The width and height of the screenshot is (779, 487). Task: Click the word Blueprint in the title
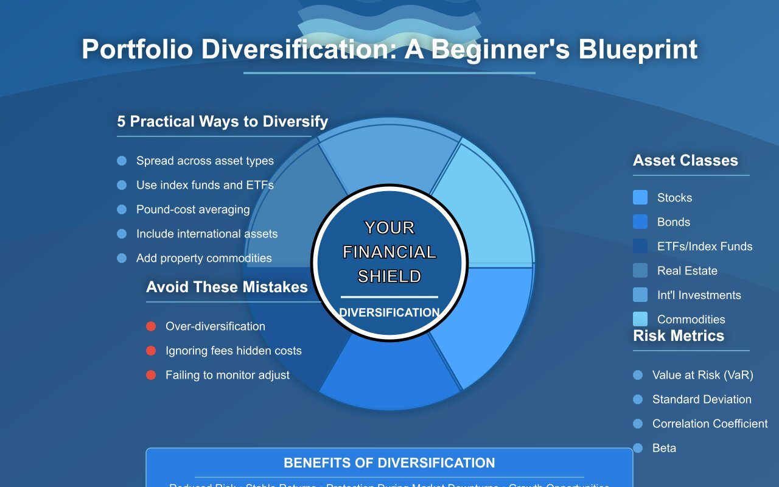click(x=637, y=49)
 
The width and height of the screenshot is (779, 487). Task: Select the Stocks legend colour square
click(x=640, y=197)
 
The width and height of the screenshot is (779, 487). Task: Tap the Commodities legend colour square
click(x=640, y=319)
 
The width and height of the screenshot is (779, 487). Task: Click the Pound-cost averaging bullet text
click(x=193, y=209)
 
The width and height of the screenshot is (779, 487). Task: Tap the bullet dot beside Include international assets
click(x=122, y=234)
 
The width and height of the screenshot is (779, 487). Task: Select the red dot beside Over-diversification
click(x=151, y=326)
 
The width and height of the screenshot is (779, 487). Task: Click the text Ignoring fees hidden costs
click(x=233, y=351)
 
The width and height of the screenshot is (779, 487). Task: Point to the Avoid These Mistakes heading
click(x=227, y=287)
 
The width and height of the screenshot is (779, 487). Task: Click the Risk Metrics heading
click(x=679, y=336)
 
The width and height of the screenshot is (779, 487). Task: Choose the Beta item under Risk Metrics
click(x=664, y=448)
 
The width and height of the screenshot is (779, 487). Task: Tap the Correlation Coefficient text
click(x=710, y=424)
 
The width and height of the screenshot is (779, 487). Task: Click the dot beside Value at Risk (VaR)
click(x=638, y=375)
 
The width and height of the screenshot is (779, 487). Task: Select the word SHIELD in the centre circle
click(x=389, y=276)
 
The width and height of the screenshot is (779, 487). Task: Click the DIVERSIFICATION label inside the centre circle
click(x=389, y=313)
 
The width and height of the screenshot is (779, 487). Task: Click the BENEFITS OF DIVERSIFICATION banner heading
click(x=389, y=463)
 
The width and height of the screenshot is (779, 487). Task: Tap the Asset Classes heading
click(x=685, y=161)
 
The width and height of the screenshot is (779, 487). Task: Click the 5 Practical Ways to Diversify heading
click(x=222, y=121)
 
